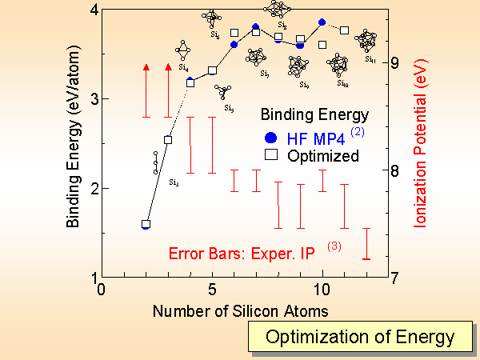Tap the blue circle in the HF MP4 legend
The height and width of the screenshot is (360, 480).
coord(272,135)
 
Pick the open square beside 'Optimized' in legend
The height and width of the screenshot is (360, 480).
coord(272,154)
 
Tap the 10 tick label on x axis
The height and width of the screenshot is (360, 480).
coord(322,289)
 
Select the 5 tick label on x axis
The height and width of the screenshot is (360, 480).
coord(212,289)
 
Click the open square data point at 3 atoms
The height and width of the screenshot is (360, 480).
coord(168,140)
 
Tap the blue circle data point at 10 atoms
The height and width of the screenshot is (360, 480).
coord(322,22)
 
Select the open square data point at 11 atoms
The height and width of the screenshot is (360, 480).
coord(345,30)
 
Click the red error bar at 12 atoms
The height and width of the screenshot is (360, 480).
coord(366,244)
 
